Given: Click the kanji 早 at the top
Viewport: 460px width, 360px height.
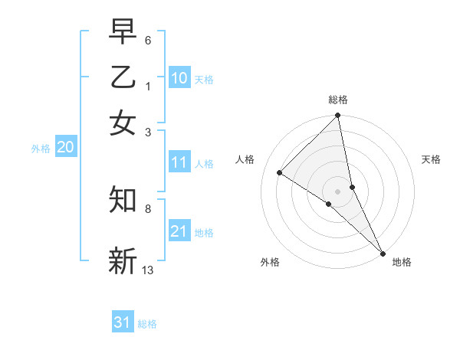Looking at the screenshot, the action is coord(123,31).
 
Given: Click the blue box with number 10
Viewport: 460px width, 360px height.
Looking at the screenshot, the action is coord(179,78).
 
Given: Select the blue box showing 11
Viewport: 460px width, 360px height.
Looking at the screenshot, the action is coord(179,162).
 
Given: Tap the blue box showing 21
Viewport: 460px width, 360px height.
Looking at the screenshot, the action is coord(179,231).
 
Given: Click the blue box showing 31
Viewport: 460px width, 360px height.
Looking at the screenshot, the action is coord(123,322).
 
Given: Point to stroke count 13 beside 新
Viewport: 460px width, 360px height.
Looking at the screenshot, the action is coord(148,270).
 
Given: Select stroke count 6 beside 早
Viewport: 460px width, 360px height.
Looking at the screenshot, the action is coord(148,39).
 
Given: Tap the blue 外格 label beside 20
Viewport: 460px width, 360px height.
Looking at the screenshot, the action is coord(41,149).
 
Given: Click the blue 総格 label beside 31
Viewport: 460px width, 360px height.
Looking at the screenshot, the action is coord(147,324).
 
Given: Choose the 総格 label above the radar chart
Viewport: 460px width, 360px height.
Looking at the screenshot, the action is coord(337,100).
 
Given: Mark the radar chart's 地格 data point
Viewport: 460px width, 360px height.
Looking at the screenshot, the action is coord(382,252).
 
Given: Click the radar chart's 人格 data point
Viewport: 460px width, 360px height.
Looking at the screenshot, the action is coord(280,173).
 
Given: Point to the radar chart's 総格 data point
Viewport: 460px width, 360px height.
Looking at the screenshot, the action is coord(337,116).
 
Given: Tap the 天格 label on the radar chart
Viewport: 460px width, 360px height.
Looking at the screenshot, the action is coord(431,159).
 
